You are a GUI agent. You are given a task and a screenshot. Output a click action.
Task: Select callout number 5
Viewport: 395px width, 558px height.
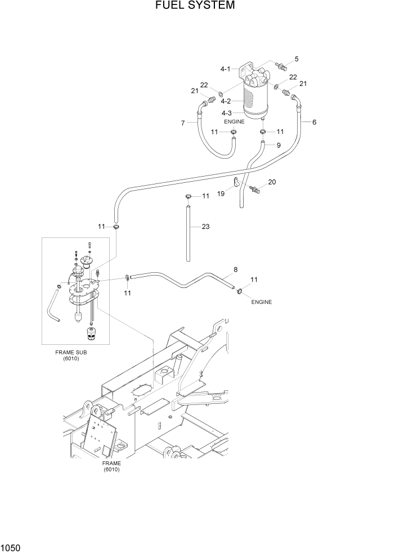click(x=297, y=58)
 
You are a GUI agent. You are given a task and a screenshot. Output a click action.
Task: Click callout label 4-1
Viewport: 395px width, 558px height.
click(x=226, y=69)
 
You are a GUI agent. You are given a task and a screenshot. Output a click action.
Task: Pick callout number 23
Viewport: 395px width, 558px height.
click(x=205, y=227)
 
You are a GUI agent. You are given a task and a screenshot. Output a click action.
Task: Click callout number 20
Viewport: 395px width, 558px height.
click(x=272, y=182)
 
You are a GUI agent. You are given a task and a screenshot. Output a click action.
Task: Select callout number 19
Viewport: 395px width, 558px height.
click(x=222, y=193)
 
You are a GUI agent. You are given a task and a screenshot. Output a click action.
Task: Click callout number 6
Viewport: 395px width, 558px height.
click(x=314, y=122)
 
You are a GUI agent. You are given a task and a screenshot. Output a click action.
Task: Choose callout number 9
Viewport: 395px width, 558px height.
click(x=278, y=145)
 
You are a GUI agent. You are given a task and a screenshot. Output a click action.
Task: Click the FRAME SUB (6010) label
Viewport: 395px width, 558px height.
click(x=71, y=355)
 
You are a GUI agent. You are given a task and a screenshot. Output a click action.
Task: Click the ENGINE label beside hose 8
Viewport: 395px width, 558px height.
click(x=261, y=302)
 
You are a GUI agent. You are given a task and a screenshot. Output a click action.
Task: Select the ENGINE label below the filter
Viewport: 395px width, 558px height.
click(x=234, y=121)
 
